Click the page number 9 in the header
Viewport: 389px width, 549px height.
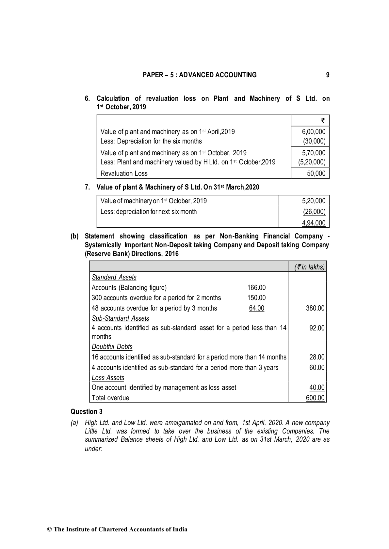tap(328, 75)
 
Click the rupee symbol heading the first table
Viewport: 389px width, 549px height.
tap(323, 120)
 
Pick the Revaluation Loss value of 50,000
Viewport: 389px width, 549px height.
tap(316, 174)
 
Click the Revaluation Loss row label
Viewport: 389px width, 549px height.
tap(124, 174)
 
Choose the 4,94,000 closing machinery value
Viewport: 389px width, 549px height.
tap(314, 223)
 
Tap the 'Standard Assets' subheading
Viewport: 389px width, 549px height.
tap(114, 277)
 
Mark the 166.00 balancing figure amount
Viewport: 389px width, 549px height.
tap(256, 288)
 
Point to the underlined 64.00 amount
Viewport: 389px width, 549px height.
tap(256, 308)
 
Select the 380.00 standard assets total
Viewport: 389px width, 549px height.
tap(315, 308)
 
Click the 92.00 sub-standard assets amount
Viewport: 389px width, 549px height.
tap(317, 328)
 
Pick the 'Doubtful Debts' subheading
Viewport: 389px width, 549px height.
tap(112, 347)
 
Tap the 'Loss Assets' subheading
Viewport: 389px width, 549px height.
tap(108, 378)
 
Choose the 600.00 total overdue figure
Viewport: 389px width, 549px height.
tap(315, 398)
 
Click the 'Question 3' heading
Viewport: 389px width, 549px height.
tap(86, 412)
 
